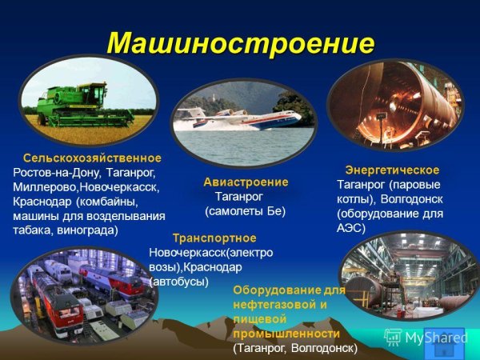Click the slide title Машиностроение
(240, 42)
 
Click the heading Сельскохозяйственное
(92, 158)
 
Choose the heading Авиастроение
(246, 182)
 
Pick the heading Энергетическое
(392, 170)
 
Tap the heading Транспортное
(214, 238)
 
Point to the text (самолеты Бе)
(245, 211)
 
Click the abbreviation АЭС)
(351, 228)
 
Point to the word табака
(31, 230)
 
